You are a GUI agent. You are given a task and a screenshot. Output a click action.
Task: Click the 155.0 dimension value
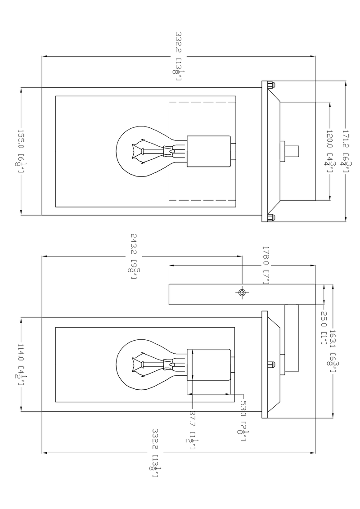(21, 141)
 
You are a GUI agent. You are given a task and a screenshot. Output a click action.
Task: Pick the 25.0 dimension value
(323, 320)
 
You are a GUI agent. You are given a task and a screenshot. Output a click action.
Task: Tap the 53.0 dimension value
(243, 408)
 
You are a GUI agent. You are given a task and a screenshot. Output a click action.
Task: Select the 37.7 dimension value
(192, 418)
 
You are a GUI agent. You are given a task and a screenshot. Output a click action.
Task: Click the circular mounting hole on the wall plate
(242, 293)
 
